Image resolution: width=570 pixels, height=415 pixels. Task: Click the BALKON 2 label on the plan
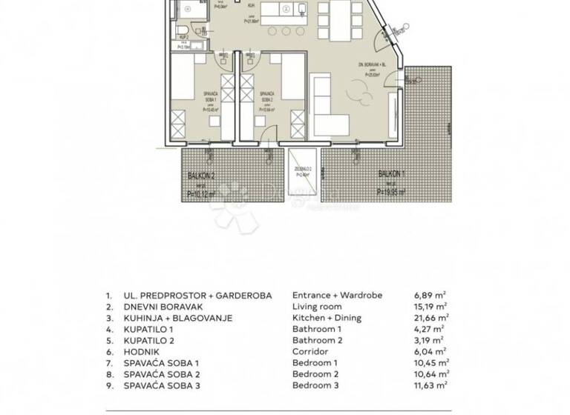click(201, 176)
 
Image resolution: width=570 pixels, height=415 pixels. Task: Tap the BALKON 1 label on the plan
click(392, 173)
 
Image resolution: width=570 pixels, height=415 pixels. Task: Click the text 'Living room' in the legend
click(317, 306)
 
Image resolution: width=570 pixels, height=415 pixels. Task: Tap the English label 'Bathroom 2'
click(317, 340)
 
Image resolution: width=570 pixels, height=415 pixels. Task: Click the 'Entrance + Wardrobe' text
click(337, 295)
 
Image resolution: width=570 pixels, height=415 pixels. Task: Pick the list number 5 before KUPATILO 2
click(109, 340)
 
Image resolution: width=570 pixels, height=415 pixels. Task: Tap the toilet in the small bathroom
click(182, 30)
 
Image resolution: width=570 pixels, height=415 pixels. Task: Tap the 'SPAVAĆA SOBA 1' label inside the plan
click(210, 96)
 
